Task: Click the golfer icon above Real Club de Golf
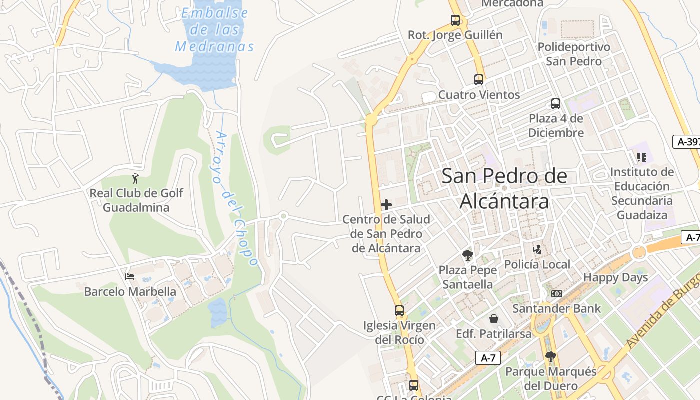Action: tap(135, 178)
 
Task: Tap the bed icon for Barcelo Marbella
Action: tap(130, 276)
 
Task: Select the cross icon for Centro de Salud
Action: tap(386, 204)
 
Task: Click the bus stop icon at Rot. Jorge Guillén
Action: tap(455, 20)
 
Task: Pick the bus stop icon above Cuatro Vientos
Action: tap(479, 80)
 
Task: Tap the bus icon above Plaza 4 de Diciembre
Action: tap(556, 104)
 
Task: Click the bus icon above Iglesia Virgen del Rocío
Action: tap(399, 311)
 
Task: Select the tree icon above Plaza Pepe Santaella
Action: tap(468, 255)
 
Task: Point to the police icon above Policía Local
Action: tap(537, 249)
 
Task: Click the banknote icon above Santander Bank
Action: tap(556, 294)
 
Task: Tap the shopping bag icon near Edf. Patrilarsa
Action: tap(494, 319)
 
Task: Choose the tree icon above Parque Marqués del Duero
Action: tap(550, 357)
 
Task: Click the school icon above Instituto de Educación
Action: tap(642, 157)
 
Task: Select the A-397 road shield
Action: tap(687, 142)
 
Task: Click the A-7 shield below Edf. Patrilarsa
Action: tap(487, 358)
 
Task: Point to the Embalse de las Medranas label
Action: tap(214, 30)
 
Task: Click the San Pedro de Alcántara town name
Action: tap(504, 188)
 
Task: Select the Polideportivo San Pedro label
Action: tap(574, 54)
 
